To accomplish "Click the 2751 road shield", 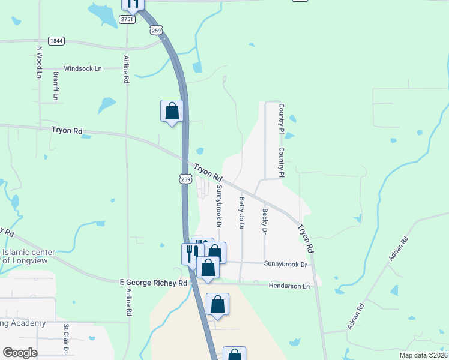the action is pos(126,20).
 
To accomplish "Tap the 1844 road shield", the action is pos(56,41).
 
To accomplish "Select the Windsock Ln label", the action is pos(83,69).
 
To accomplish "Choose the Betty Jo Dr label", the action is pos(242,212).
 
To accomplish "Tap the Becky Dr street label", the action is pos(264,220).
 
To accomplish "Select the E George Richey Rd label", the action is pos(154,282).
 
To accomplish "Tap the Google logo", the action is pos(19,353).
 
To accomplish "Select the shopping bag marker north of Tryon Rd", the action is pos(172,111).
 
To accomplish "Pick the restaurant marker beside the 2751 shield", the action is pos(132,3).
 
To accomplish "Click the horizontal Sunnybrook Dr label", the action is pos(285,264).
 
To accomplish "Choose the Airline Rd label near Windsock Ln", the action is pos(127,70).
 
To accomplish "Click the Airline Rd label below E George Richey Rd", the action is pos(128,302).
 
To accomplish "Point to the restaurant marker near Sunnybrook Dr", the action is pos(192,252).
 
